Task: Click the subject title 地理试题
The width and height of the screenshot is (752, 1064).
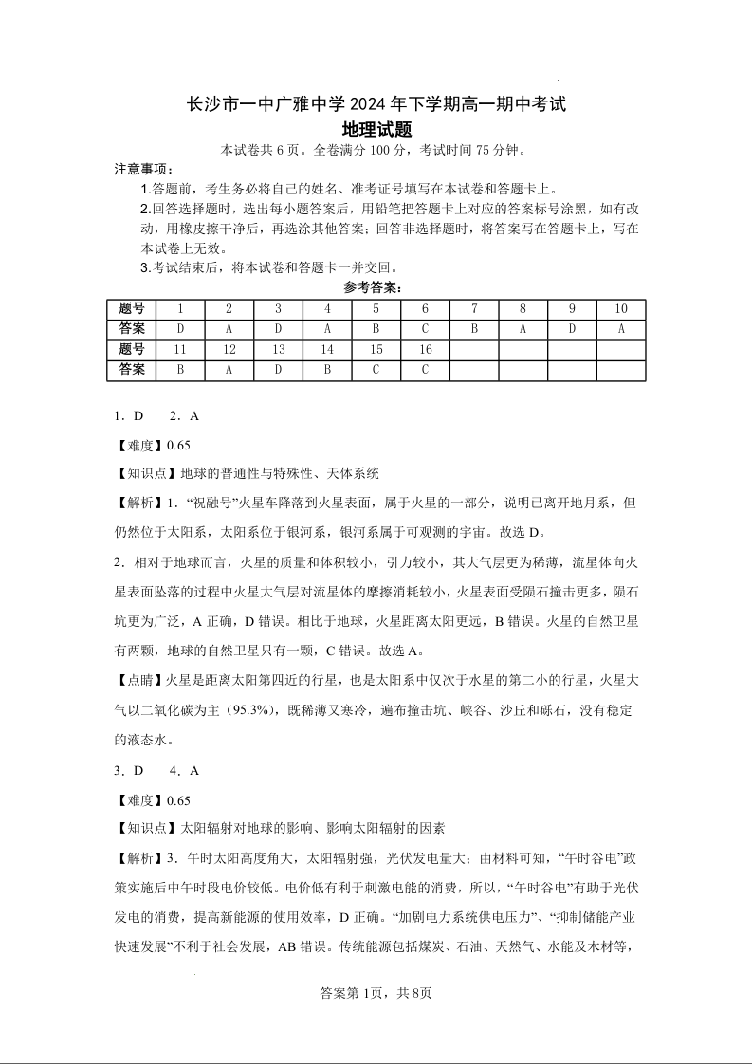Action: pyautogui.click(x=376, y=129)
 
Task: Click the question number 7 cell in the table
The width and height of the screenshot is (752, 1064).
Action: pyautogui.click(x=474, y=309)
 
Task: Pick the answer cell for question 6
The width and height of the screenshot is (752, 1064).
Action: pyautogui.click(x=425, y=329)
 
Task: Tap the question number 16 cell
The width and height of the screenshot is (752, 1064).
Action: pyautogui.click(x=425, y=350)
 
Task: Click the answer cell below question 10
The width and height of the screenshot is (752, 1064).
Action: pyautogui.click(x=621, y=329)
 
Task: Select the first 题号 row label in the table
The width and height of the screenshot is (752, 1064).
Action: pyautogui.click(x=132, y=309)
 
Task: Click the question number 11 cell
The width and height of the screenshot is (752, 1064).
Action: pyautogui.click(x=180, y=350)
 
